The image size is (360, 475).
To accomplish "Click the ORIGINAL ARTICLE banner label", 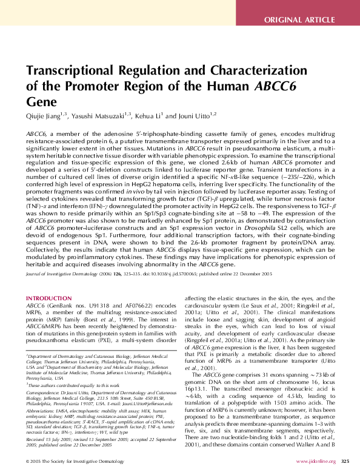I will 308,20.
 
